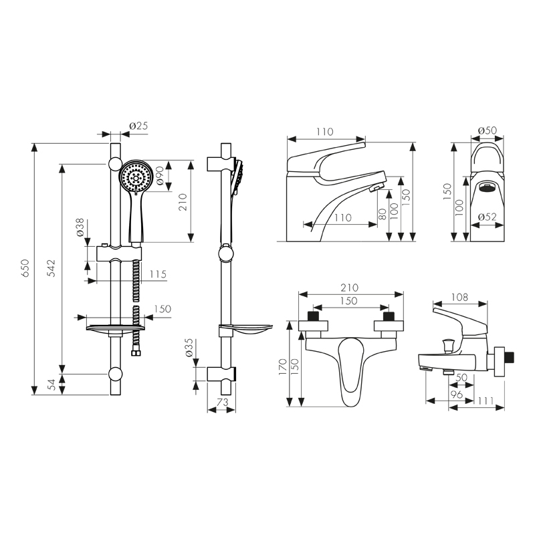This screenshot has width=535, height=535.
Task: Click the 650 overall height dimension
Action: pyautogui.click(x=26, y=268)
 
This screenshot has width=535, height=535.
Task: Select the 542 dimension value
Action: pyautogui.click(x=51, y=268)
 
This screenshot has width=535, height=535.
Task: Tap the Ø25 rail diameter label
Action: pyautogui.click(x=138, y=126)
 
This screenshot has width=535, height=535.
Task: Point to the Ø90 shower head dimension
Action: pyautogui.click(x=160, y=176)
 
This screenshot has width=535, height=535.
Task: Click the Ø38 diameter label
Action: pyautogui.click(x=80, y=228)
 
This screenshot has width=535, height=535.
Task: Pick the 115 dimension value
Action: pyautogui.click(x=158, y=274)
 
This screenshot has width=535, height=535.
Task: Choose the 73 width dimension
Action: pyautogui.click(x=222, y=403)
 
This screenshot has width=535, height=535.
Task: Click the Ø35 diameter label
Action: pyautogui.click(x=189, y=348)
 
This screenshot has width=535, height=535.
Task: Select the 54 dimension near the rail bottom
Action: pyautogui.click(x=51, y=385)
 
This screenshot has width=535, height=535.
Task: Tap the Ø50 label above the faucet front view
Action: pyautogui.click(x=488, y=130)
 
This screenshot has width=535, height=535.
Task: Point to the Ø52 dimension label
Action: pyautogui.click(x=488, y=217)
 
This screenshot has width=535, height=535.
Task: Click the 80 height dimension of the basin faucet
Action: pyautogui.click(x=383, y=214)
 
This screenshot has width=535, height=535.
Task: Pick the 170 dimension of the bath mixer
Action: pyautogui.click(x=283, y=366)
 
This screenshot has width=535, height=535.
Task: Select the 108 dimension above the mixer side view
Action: pyautogui.click(x=459, y=297)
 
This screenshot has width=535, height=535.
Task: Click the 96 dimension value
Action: pyautogui.click(x=457, y=395)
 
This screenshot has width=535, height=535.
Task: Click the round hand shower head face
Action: pyautogui.click(x=136, y=177)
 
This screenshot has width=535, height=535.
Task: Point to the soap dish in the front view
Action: pyautogui.click(x=115, y=328)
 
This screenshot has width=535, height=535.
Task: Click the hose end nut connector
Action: pyautogui.click(x=136, y=352)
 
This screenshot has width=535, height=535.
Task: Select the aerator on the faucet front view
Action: pyautogui.click(x=488, y=187)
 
